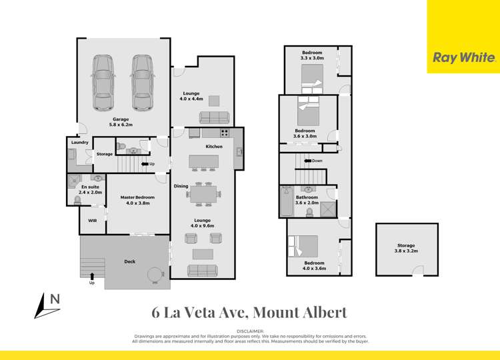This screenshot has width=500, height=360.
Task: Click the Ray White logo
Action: click(x=464, y=57)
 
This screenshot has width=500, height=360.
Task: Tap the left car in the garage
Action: click(x=103, y=82)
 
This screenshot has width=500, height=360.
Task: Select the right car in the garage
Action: click(x=142, y=82)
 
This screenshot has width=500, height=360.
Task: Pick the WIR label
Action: click(x=92, y=219)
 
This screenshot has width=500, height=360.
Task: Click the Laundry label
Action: click(x=79, y=142)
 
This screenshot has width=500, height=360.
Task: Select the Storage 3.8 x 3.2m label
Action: click(x=406, y=248)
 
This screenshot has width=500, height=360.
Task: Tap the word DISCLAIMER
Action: click(x=249, y=331)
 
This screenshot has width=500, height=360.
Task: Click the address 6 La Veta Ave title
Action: click(x=249, y=311)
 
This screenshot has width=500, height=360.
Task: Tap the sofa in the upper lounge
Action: click(x=214, y=118)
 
